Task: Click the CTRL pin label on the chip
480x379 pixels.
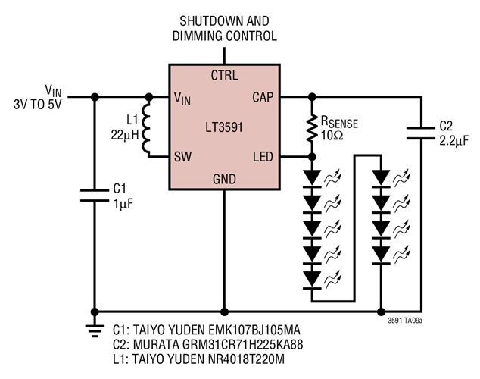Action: click(x=224, y=76)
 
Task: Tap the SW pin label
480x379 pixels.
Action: click(x=182, y=157)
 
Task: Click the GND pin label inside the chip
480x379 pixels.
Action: click(x=224, y=179)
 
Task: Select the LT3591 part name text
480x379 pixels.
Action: click(x=224, y=127)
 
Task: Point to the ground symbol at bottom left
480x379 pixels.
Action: click(x=95, y=328)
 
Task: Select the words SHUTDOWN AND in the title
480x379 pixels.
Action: click(x=225, y=20)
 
